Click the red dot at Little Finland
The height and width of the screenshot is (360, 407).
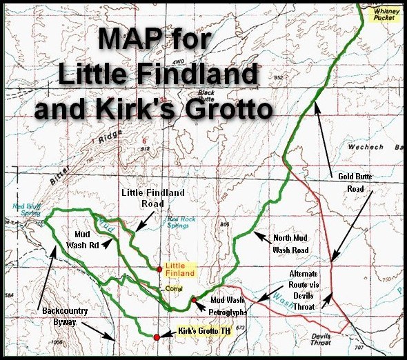(x=159, y=269)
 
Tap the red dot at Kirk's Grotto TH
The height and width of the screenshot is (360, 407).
(x=157, y=337)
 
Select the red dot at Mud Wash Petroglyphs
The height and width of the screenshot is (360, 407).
(x=195, y=299)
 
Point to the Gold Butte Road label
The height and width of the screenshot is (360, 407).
(x=355, y=181)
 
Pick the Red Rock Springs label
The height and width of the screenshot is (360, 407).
(x=181, y=222)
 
